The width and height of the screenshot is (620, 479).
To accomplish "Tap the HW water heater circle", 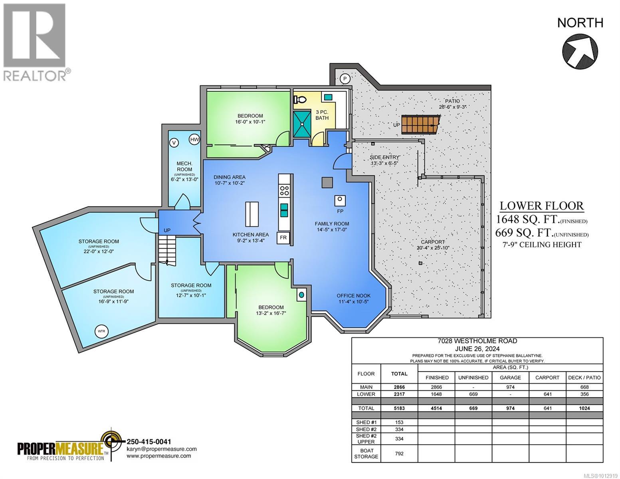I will click(x=194, y=139).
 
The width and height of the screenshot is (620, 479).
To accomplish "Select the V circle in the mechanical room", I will click(x=174, y=142).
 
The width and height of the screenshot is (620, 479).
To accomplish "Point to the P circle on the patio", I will click(x=345, y=79).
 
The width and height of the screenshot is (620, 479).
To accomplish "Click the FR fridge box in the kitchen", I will click(x=283, y=238).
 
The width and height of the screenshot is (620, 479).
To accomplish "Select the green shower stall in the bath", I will click(x=303, y=124).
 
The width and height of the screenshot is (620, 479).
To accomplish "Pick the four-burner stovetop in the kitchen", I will click(x=284, y=190).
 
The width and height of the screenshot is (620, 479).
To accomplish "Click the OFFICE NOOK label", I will click(x=353, y=296).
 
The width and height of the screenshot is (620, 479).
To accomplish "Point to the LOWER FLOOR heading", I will click(x=541, y=206).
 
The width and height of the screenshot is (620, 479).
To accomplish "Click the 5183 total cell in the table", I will click(x=399, y=408).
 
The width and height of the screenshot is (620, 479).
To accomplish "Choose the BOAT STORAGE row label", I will click(x=366, y=453).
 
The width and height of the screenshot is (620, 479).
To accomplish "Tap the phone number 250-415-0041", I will click(x=149, y=441).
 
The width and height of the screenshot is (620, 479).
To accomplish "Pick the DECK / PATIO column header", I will click(x=584, y=377).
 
